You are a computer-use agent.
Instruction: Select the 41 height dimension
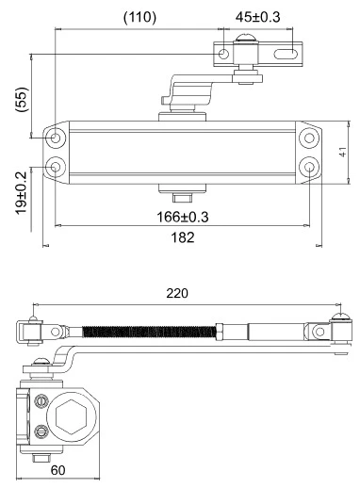pos(343,152)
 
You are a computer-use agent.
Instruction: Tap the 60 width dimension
pos(57,469)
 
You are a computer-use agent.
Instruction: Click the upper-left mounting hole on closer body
pos(57,138)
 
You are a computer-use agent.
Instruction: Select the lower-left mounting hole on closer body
pos(57,167)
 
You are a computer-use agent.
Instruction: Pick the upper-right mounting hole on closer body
pos(310,138)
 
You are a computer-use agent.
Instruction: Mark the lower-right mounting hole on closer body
pos(310,167)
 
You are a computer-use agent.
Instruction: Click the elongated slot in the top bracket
pos(281,55)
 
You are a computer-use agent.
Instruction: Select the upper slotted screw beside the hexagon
pos(41,400)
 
